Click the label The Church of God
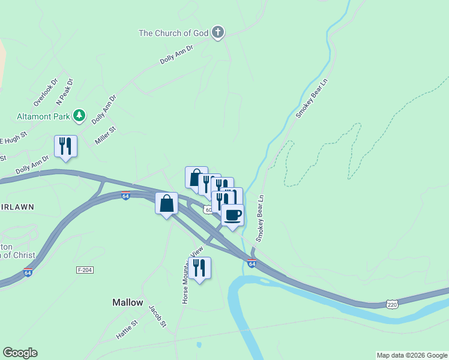(173, 33)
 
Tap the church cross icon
(218, 32)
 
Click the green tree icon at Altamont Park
(79, 115)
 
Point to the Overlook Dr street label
(45, 90)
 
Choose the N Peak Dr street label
(64, 90)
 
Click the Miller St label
(105, 136)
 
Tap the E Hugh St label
(14, 139)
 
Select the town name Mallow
(128, 303)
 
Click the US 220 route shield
(392, 305)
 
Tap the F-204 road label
(85, 271)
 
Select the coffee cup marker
(232, 215)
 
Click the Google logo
(20, 353)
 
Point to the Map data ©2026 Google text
(411, 355)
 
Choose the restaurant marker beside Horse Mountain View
(199, 268)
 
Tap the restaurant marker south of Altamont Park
(65, 146)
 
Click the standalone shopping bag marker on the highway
(167, 203)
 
